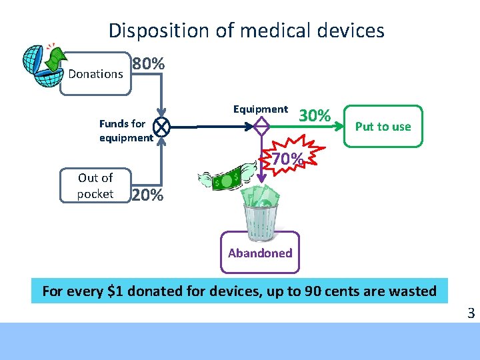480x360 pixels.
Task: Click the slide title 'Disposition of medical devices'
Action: tap(246, 31)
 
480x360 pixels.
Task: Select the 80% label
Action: tap(148, 65)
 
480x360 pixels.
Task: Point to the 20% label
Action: tap(147, 195)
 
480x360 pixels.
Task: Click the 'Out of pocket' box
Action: tap(95, 186)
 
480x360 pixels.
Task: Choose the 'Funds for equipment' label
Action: tap(125, 131)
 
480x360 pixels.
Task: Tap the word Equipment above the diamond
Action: tap(260, 109)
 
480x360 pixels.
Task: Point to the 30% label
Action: tap(315, 116)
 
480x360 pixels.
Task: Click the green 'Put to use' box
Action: tap(383, 126)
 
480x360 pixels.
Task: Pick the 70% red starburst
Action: tap(287, 159)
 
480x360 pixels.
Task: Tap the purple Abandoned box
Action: tap(260, 253)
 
